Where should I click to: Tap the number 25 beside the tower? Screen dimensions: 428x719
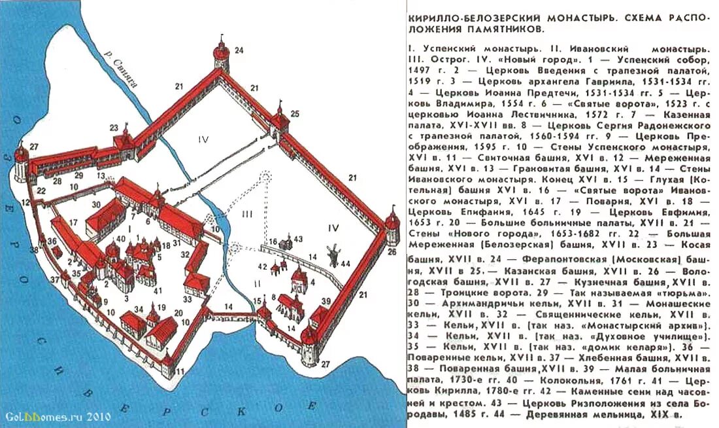click(295, 114)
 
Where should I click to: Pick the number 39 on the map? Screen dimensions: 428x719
click(326, 300)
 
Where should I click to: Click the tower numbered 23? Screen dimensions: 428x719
click(123, 141)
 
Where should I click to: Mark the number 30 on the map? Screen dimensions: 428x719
click(96, 204)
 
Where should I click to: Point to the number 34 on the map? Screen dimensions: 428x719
click(138, 310)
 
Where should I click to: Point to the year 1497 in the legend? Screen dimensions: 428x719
click(419, 69)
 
